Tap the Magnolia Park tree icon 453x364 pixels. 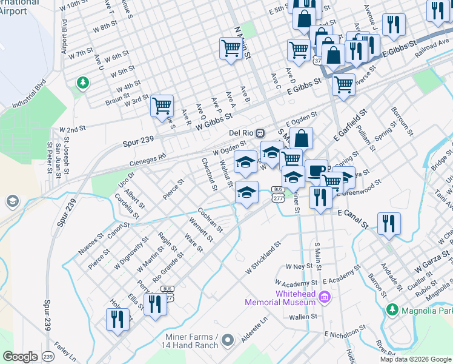(392, 311)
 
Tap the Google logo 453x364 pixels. (20, 357)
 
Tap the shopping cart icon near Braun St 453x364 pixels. (162, 106)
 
